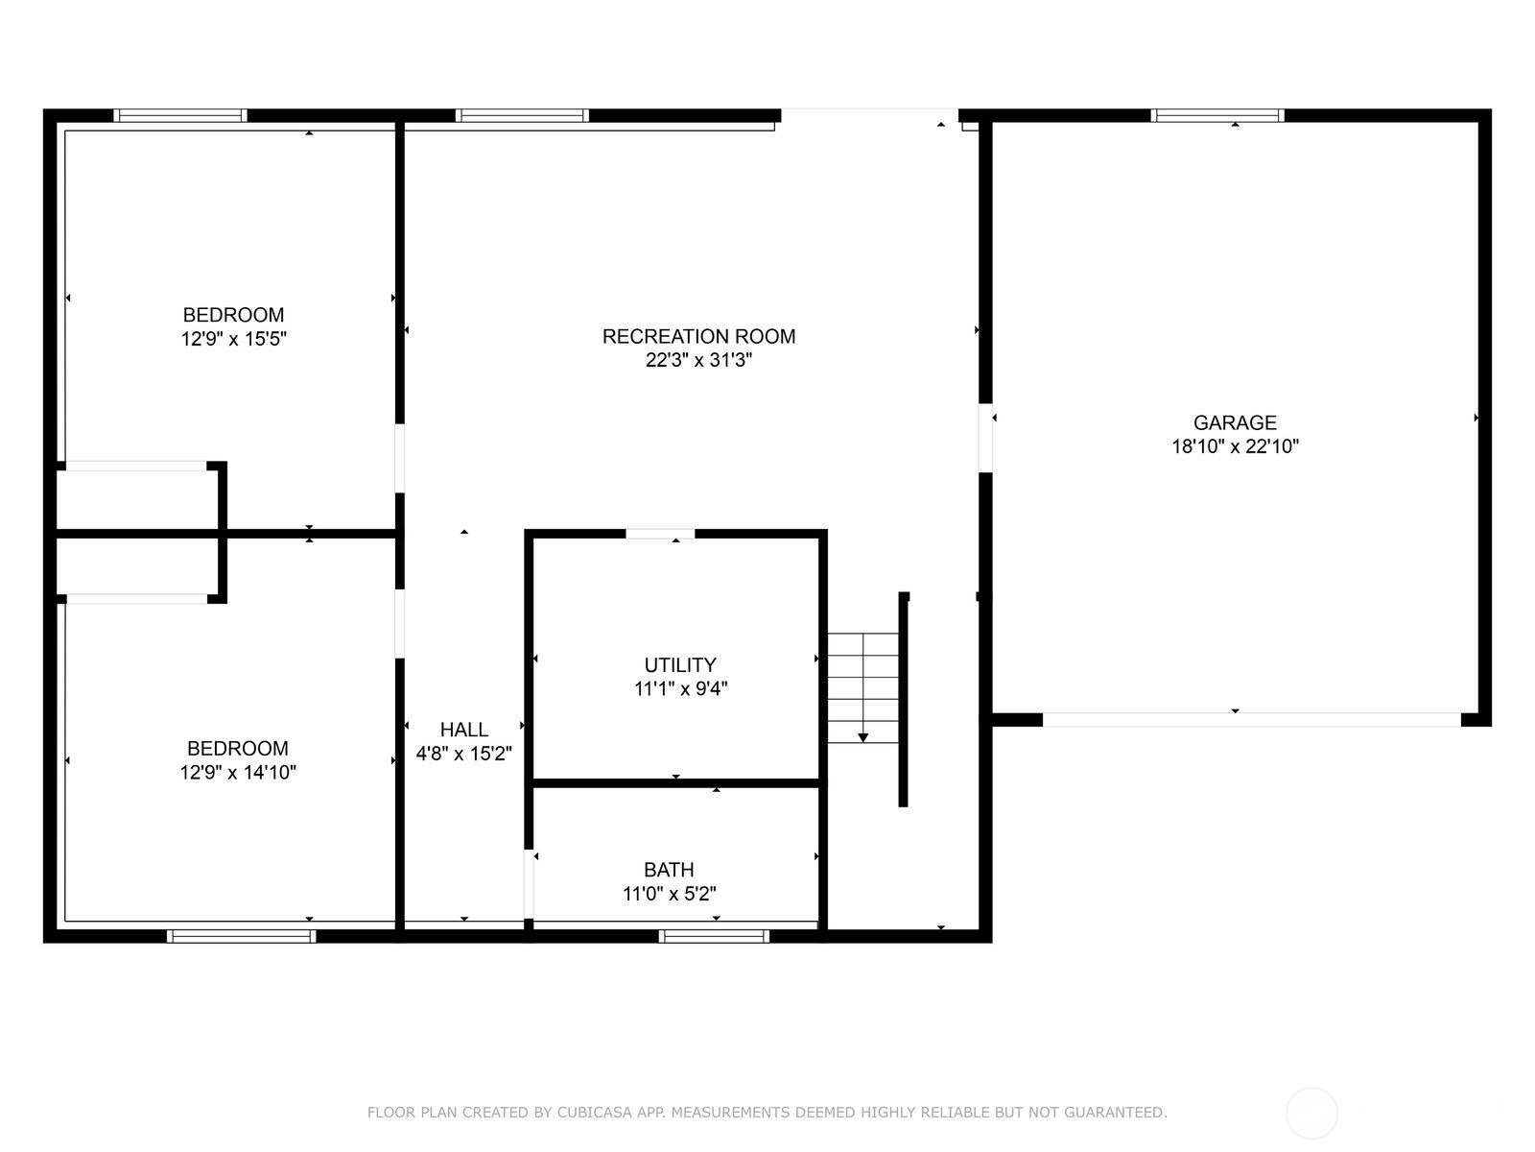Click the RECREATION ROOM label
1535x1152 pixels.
click(x=698, y=336)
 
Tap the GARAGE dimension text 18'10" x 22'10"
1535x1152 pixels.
click(x=1235, y=446)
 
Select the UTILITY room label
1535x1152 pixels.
click(x=679, y=664)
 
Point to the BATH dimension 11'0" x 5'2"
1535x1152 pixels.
click(x=669, y=894)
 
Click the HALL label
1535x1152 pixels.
click(x=463, y=730)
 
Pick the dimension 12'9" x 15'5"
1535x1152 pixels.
click(x=234, y=339)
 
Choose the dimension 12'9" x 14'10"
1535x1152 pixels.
click(x=238, y=772)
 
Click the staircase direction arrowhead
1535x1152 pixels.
click(x=862, y=737)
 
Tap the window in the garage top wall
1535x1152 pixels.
click(x=1216, y=115)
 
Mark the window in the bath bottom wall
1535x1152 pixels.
click(x=713, y=936)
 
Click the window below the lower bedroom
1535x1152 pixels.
click(x=241, y=936)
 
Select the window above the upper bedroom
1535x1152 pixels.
click(x=180, y=115)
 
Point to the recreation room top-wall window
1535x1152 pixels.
click(x=522, y=115)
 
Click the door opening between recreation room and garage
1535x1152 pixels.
click(x=985, y=438)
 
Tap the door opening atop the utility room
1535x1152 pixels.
click(x=660, y=534)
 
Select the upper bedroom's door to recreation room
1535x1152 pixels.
click(x=400, y=458)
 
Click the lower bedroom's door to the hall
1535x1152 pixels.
click(x=400, y=623)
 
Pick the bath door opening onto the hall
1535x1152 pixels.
click(x=529, y=883)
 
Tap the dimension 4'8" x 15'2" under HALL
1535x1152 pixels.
click(x=463, y=754)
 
